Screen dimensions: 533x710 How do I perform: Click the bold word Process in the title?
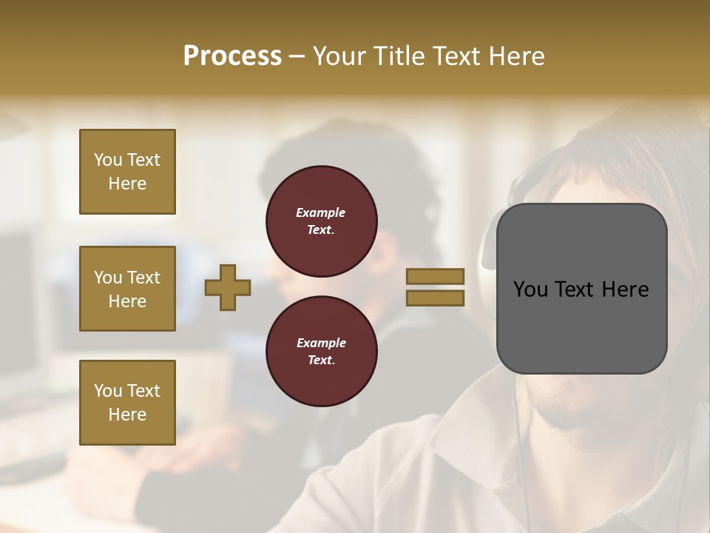[232, 56]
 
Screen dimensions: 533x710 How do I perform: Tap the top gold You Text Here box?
[127, 172]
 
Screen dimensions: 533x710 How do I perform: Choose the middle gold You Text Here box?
[127, 289]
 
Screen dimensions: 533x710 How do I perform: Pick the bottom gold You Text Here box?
[127, 402]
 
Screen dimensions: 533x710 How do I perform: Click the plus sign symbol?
[228, 287]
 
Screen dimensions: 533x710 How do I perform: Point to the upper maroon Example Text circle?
[321, 221]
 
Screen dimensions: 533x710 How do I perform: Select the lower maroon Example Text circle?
[321, 352]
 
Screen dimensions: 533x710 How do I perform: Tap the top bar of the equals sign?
[435, 276]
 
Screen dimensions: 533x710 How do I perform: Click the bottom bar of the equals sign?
[435, 298]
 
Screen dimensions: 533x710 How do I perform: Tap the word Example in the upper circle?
[321, 212]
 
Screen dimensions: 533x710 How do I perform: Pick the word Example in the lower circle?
[321, 343]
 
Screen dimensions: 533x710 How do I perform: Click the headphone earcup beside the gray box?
[488, 244]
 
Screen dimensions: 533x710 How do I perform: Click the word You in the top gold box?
[108, 160]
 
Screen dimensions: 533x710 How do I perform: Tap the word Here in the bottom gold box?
[127, 415]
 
